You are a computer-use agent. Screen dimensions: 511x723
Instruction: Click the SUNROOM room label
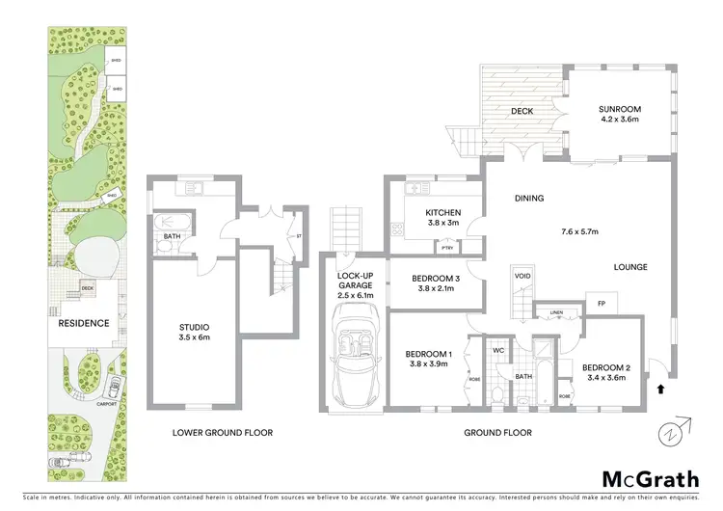tap(620, 110)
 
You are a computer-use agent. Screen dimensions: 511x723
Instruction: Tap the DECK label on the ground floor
tap(522, 111)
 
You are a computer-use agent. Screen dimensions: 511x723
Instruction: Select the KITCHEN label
tap(443, 212)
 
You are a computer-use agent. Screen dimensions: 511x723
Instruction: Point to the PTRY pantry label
tap(446, 248)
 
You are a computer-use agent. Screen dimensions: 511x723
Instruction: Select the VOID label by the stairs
tap(522, 275)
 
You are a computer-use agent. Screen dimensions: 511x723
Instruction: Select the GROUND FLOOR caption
tap(497, 433)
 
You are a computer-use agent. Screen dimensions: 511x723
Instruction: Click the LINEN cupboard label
tap(557, 312)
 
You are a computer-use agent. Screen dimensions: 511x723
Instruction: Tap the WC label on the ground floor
tap(499, 350)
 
